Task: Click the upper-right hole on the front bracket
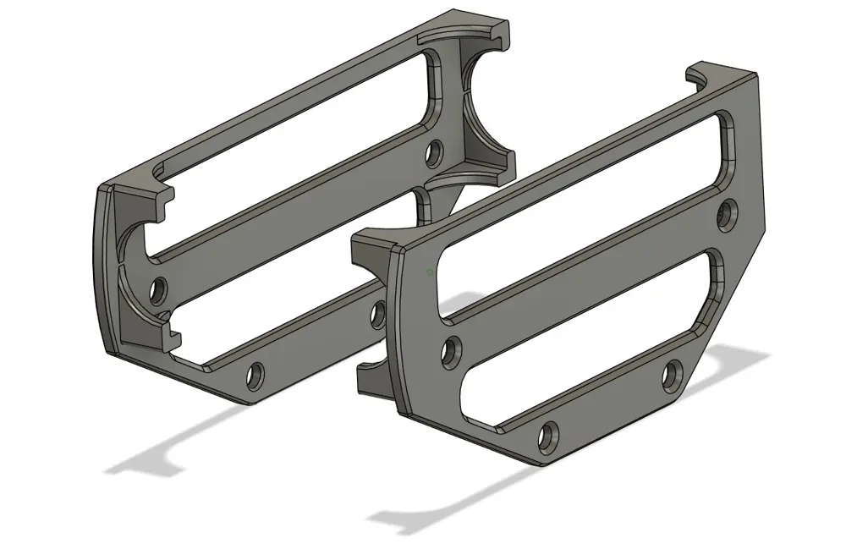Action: point(726,213)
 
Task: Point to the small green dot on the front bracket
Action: point(430,272)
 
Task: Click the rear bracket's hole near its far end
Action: point(434,154)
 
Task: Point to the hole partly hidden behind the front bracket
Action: point(378,314)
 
